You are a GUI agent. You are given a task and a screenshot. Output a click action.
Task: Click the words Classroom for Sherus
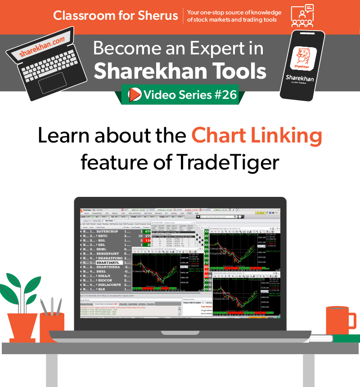click(x=115, y=16)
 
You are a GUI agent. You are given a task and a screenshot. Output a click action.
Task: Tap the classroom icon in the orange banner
click(x=302, y=17)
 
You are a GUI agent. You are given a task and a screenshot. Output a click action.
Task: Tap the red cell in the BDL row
click(x=147, y=240)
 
